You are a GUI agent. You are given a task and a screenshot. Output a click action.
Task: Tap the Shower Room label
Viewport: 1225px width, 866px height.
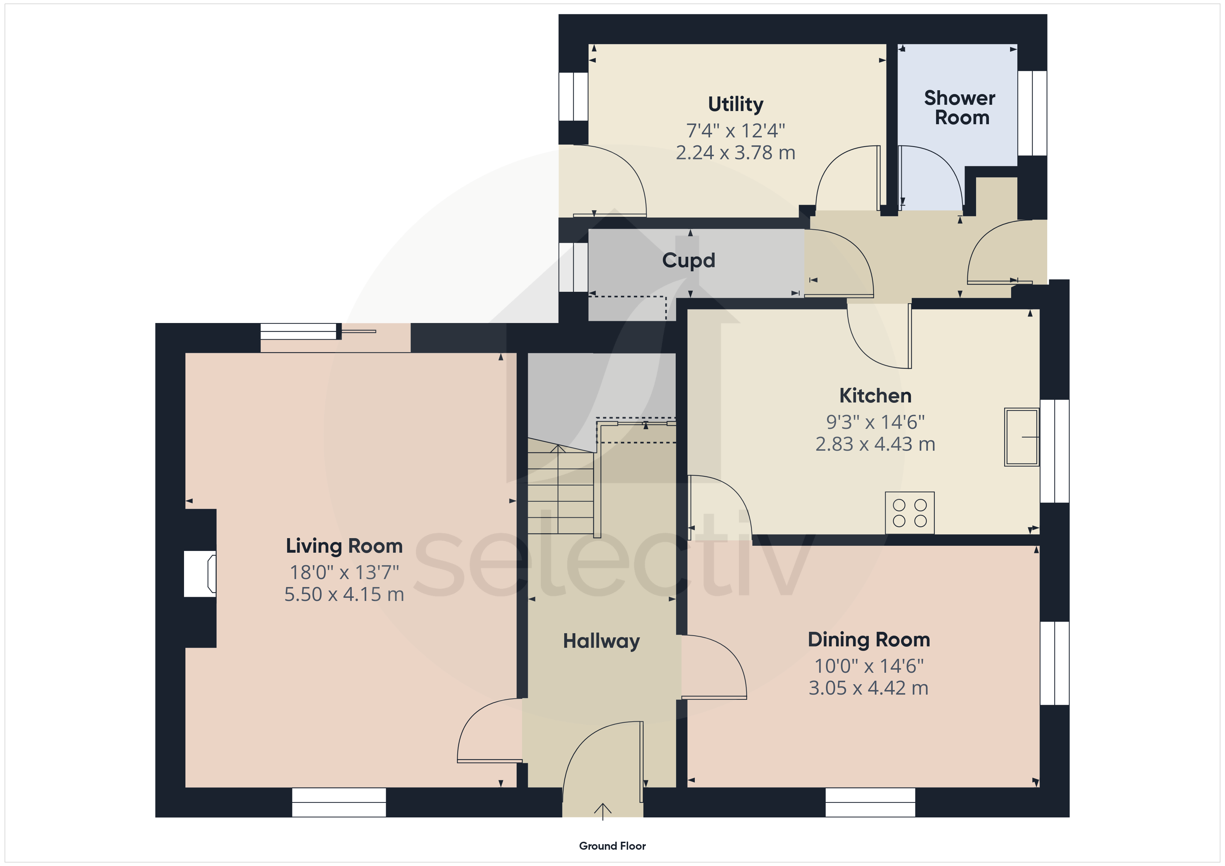960,108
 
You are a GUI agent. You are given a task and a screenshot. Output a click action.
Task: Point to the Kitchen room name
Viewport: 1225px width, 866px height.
875,396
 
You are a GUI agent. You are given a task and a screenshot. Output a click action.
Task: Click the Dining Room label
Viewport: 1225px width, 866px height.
869,640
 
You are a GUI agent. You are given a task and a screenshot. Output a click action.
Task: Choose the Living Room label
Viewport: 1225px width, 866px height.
344,546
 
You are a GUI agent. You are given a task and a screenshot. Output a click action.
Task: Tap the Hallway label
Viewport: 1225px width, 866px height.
601,641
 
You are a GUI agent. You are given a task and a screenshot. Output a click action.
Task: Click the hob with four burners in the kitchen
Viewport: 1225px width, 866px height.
910,512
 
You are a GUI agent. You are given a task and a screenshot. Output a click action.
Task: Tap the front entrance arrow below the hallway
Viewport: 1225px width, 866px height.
603,812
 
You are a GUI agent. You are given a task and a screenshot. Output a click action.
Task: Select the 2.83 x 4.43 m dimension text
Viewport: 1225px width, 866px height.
875,444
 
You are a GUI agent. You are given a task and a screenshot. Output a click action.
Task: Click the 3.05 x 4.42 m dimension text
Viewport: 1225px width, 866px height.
869,688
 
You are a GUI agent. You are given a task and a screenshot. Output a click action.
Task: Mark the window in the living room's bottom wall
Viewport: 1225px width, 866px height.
339,803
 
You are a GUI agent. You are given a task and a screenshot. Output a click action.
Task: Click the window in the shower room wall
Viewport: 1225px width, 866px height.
1032,113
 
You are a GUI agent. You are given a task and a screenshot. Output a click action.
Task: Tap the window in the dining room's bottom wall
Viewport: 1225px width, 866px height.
870,803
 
